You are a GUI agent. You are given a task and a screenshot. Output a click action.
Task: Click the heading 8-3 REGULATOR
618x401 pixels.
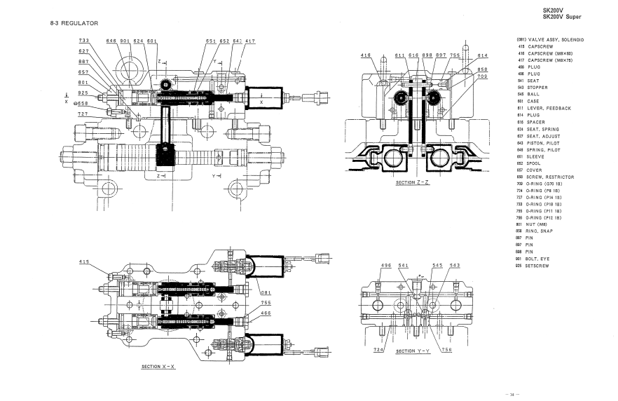74,23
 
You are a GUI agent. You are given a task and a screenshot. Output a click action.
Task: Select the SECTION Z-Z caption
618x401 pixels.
412,183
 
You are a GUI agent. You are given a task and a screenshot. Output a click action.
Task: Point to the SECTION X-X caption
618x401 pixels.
158,366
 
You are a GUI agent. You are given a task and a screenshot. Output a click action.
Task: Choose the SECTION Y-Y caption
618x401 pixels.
413,351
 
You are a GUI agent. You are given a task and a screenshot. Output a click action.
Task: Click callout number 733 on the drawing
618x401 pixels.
84,41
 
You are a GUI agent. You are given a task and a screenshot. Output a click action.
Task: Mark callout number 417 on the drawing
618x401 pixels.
250,41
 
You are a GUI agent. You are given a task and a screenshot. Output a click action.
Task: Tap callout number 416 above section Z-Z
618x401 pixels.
366,55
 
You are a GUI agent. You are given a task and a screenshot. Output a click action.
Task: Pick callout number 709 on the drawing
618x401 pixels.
482,76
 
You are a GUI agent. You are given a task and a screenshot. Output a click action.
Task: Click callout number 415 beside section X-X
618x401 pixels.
84,262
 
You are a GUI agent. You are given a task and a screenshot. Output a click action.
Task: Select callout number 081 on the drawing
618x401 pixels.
266,293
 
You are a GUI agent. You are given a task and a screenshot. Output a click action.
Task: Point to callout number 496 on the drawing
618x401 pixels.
386,266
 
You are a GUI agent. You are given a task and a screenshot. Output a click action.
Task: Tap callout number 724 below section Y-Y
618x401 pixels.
378,349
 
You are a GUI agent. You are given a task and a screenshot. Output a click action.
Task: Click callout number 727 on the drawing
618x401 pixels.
83,114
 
